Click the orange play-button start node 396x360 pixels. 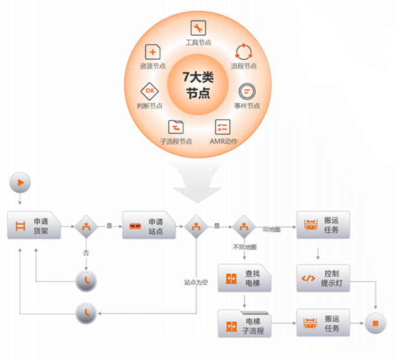20,182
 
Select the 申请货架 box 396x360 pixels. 34,226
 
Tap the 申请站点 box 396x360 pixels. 149,226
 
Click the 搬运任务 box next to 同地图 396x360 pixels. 323,225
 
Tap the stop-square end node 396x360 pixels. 376,324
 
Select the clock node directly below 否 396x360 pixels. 86,280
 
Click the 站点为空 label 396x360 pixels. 196,282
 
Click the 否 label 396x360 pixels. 86,253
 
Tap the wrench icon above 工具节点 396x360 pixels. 198,28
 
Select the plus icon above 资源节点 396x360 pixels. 152,52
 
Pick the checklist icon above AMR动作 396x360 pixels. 223,126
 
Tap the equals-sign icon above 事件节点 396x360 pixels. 246,91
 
